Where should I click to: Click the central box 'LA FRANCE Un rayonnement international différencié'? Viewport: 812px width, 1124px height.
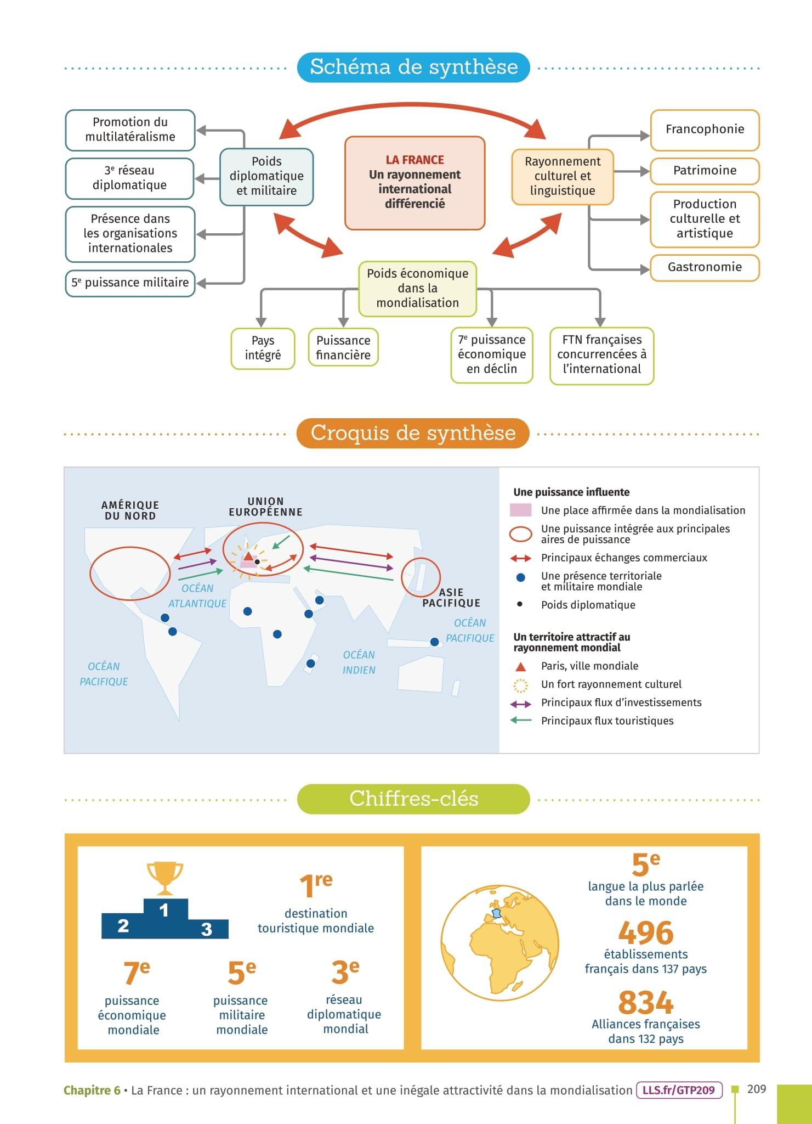tap(414, 183)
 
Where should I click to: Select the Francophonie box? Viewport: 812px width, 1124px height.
tap(705, 130)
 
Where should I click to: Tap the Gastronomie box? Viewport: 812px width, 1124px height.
tap(705, 267)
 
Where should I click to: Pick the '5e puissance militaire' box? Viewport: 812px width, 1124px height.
tap(130, 283)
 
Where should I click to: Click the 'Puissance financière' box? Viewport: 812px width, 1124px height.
tap(343, 348)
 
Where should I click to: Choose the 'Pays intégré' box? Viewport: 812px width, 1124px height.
tap(263, 348)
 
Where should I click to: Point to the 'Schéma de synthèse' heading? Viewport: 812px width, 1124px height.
tap(413, 67)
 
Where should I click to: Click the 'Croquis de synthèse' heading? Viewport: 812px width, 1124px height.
tap(413, 433)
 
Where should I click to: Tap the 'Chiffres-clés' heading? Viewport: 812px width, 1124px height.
tap(413, 799)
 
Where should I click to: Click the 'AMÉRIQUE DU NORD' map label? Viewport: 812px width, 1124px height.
tap(130, 510)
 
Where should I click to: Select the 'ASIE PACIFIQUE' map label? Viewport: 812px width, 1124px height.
tap(451, 598)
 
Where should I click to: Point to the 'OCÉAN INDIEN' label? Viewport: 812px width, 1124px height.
tap(359, 662)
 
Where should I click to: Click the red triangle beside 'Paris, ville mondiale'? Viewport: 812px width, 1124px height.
tap(520, 667)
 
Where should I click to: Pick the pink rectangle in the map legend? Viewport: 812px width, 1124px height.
tap(520, 510)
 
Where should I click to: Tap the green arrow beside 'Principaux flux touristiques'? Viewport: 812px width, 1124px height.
tap(520, 721)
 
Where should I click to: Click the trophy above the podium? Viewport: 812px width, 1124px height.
tap(164, 877)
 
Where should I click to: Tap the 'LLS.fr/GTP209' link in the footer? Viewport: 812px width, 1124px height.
tap(679, 1090)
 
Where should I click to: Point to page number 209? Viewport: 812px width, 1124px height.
tap(757, 1089)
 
